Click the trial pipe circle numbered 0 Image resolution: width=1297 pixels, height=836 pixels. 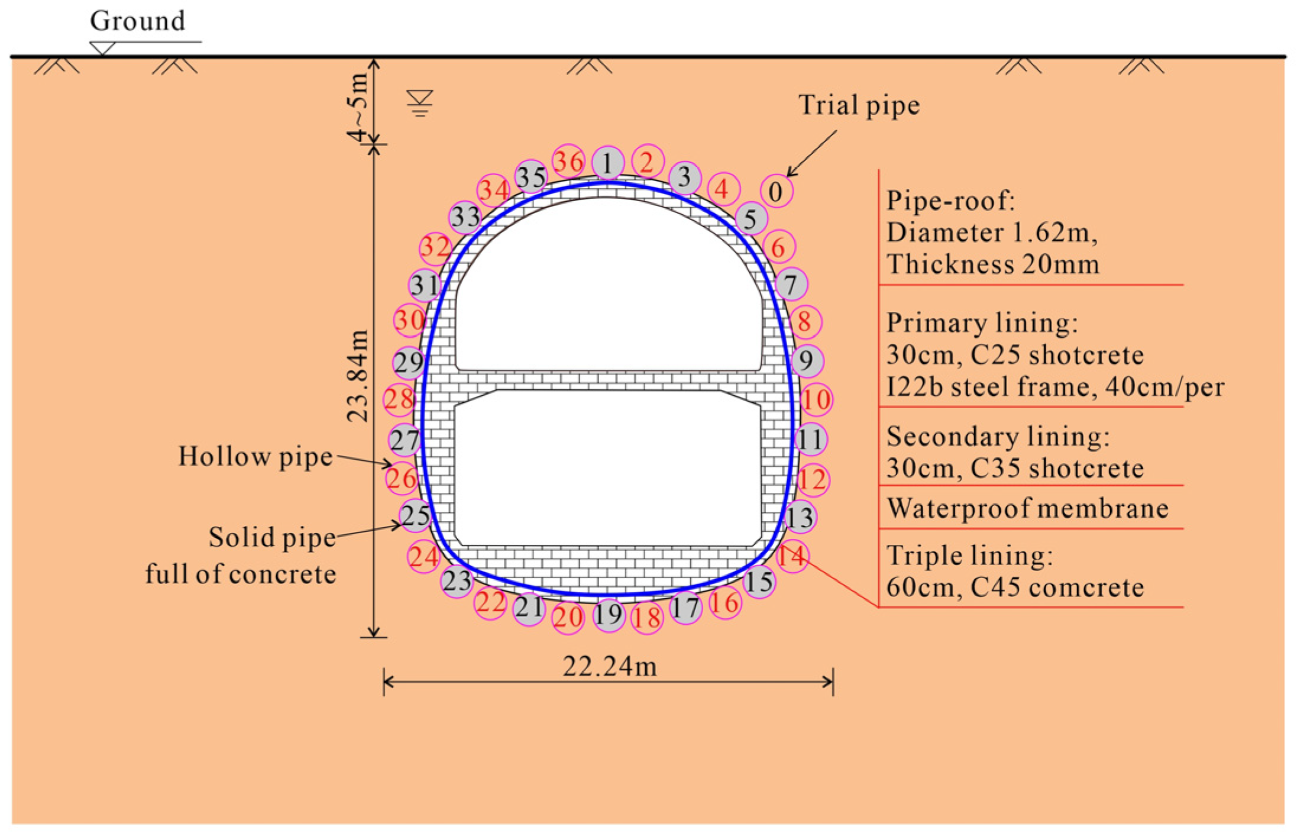(776, 191)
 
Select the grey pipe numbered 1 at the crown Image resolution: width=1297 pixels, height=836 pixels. (608, 162)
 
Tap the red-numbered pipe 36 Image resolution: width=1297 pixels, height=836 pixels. (568, 161)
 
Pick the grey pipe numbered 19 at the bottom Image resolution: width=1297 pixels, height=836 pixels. (609, 615)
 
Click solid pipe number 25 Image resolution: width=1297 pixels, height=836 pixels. (415, 515)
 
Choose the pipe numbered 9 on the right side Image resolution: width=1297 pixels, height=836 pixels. (807, 360)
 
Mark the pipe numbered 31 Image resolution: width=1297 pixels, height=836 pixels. (424, 285)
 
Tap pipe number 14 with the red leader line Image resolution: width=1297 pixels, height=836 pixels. (792, 556)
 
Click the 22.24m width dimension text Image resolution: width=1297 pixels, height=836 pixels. (609, 667)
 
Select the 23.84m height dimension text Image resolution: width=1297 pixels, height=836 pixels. (358, 376)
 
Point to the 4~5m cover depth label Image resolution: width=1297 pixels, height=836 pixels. (358, 106)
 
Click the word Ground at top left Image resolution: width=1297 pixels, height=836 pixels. (137, 21)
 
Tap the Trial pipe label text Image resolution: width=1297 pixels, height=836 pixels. (859, 105)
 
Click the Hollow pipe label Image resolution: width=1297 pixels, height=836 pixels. (255, 457)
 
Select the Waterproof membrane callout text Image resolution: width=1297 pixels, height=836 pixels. (1027, 508)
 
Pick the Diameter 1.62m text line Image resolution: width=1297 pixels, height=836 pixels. (992, 233)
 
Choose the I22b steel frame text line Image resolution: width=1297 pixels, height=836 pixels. (1055, 387)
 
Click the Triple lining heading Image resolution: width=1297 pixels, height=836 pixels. (970, 556)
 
